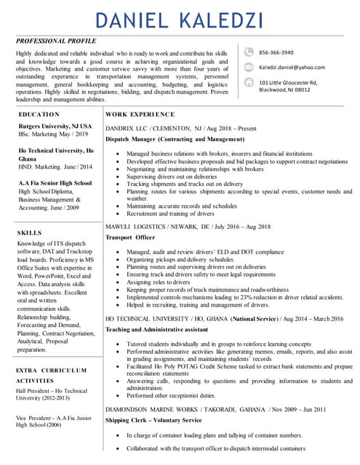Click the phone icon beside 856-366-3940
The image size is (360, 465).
coord(249,52)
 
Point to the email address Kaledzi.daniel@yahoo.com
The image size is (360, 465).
coord(292,67)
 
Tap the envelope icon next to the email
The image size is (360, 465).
coord(249,67)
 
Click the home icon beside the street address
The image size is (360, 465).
coord(249,84)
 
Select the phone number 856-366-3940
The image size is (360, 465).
coord(276,52)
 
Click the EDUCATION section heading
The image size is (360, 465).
coord(39,115)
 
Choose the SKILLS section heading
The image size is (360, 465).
coord(29,232)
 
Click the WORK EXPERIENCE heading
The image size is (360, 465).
coord(140,115)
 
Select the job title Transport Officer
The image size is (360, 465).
coord(130,238)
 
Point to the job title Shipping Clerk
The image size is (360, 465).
coord(129,420)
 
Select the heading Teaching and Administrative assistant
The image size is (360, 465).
coord(156,329)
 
